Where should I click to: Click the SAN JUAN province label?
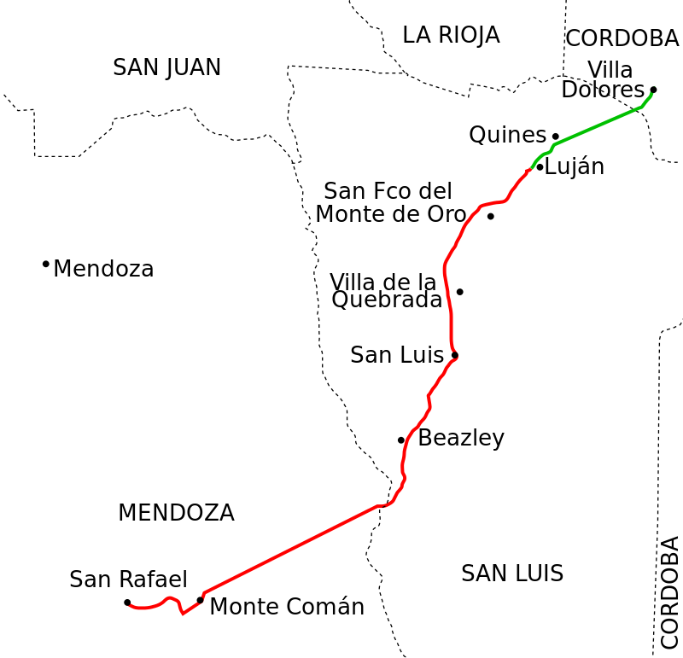[x=166, y=67]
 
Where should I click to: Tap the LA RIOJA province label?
[x=450, y=35]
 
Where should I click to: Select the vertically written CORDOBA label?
[x=668, y=591]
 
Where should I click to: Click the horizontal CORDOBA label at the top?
[x=622, y=38]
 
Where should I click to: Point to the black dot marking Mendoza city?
[x=45, y=264]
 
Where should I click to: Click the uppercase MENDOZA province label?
[x=175, y=513]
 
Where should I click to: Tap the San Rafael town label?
[x=128, y=579]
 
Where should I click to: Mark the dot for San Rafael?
[x=127, y=603]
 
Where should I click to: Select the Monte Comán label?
[x=286, y=607]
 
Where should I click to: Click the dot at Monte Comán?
[x=200, y=600]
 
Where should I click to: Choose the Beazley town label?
[x=460, y=438]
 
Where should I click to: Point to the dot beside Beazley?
[x=400, y=440]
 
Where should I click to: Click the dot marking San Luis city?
[x=455, y=355]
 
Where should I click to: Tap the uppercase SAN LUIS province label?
[x=511, y=573]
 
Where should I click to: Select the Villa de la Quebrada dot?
[x=459, y=292]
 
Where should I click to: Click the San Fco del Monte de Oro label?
[x=390, y=202]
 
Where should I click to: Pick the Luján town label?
[x=574, y=166]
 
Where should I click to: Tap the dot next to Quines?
[x=555, y=137]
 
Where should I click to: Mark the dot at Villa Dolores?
[x=653, y=90]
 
